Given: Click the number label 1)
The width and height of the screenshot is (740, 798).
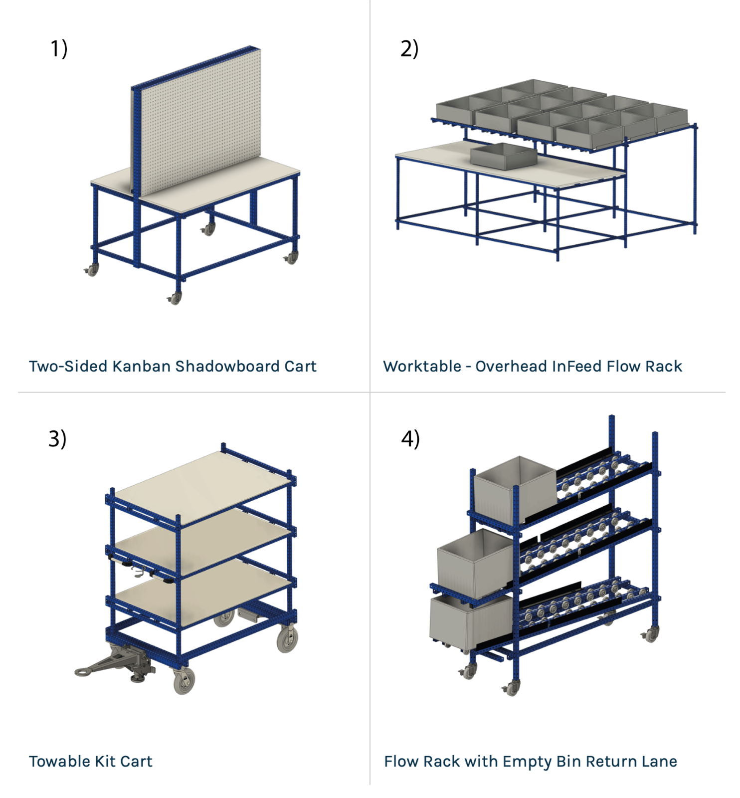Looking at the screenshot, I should coord(59,49).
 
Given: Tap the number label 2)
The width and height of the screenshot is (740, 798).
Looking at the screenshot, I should coord(409,49).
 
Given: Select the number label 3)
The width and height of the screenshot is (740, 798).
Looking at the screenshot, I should coord(57,439).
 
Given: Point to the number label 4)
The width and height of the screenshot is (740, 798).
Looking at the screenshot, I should coord(410,439).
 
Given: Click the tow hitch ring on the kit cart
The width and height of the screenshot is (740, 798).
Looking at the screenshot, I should coord(81,672).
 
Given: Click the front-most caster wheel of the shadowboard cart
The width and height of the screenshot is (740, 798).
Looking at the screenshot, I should coord(175,298).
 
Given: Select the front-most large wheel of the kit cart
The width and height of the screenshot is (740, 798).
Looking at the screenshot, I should coord(184,681).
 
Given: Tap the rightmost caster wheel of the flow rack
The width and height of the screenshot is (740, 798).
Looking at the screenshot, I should coord(651,634).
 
